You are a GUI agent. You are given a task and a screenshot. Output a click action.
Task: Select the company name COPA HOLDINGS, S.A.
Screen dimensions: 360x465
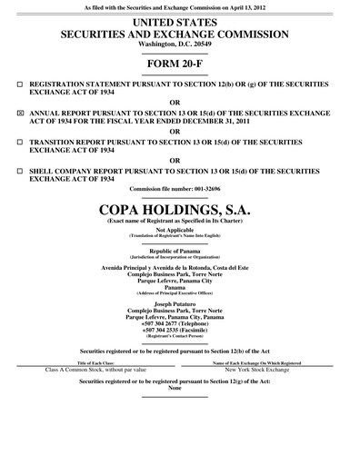tap(179, 210)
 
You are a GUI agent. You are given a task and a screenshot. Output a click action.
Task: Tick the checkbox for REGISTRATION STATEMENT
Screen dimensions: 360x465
tap(20, 84)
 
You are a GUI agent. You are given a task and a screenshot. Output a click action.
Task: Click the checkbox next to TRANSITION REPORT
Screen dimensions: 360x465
tap(20, 143)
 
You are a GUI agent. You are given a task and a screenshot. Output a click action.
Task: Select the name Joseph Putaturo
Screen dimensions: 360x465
tap(179, 304)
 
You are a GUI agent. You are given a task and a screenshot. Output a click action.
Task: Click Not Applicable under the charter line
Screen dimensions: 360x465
tap(179, 230)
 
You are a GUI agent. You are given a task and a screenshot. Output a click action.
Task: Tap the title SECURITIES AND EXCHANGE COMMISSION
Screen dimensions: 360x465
tap(179, 34)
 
